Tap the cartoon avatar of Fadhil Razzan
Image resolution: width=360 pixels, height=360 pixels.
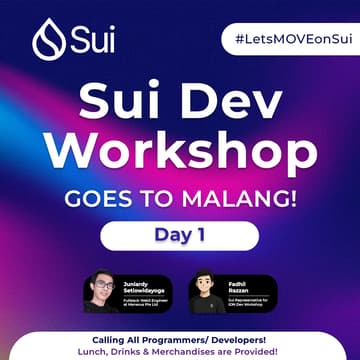click(207, 291)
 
